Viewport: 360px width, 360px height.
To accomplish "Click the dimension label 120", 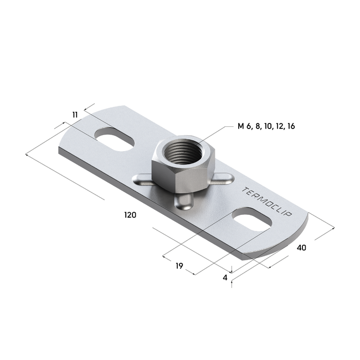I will pos(130,214).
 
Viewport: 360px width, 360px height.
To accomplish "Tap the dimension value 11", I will pos(75,114).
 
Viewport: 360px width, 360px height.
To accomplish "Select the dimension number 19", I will pos(179,266).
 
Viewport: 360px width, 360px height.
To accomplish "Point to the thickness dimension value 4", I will pos(225,277).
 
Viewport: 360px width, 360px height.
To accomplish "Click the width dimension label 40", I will pos(301,247).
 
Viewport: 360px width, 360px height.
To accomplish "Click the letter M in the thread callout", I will pos(241,126).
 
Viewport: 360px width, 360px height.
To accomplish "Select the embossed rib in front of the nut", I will pos(184,203).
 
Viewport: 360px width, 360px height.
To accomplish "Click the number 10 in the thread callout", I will pos(268,126).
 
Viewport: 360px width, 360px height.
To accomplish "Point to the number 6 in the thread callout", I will pos(250,126).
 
